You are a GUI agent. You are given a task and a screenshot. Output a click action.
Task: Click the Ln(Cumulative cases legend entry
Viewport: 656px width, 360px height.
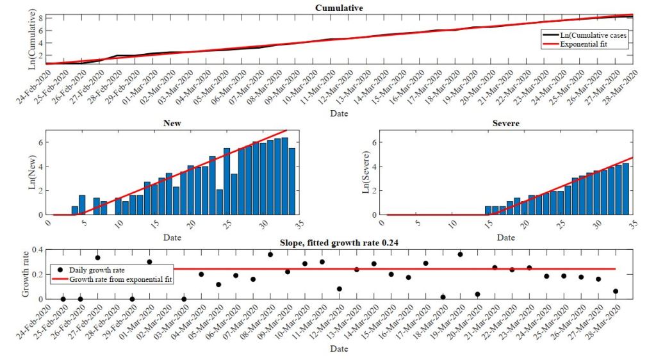tap(589, 35)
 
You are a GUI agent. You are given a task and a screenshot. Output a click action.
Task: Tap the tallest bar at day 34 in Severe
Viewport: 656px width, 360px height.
tap(625, 189)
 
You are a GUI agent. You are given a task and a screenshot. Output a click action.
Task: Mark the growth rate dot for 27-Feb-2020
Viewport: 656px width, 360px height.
tap(97, 258)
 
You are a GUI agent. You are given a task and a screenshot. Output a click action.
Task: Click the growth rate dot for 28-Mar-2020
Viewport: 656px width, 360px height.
tap(616, 291)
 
